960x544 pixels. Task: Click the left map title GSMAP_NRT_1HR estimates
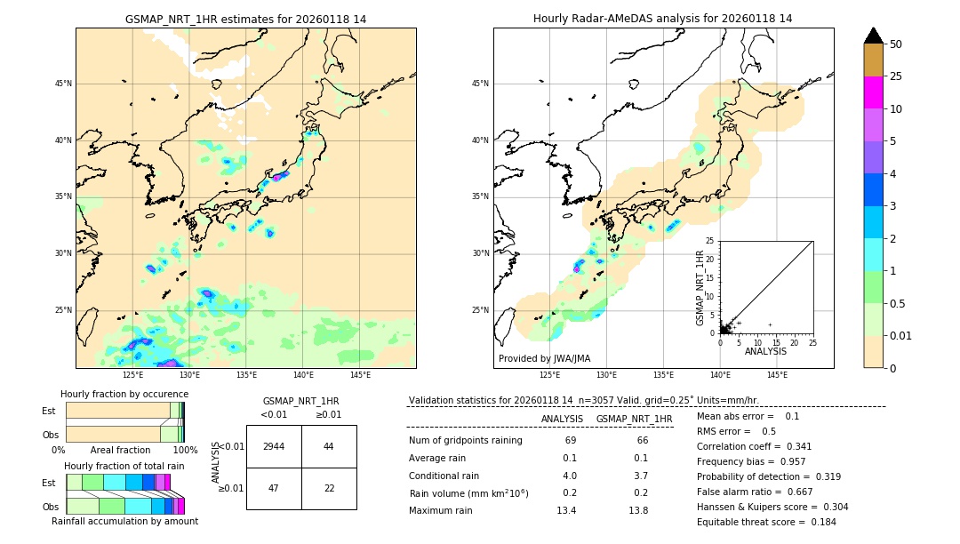245,19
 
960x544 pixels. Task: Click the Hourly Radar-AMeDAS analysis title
663,19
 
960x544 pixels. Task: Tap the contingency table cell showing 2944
274,446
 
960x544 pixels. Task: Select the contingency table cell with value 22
329,488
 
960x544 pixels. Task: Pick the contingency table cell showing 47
274,488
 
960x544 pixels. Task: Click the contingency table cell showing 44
329,446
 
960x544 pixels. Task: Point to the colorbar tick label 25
896,76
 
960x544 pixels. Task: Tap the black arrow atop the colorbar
874,36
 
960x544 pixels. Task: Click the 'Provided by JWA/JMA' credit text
544,359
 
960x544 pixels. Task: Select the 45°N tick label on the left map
63,84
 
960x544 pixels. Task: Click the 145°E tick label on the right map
777,375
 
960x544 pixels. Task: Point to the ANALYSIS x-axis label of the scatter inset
765,351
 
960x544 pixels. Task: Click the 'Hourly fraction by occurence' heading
124,394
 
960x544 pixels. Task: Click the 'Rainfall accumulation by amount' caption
124,521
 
